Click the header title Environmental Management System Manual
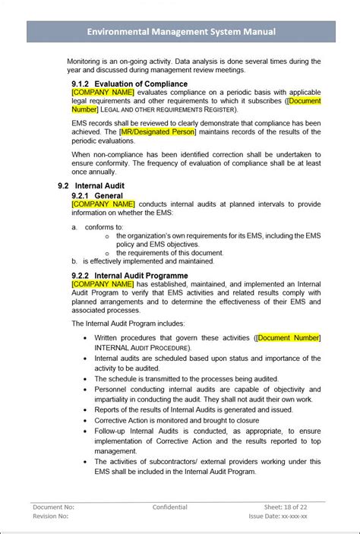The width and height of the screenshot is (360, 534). point(180,31)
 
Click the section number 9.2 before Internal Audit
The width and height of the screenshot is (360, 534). point(64,185)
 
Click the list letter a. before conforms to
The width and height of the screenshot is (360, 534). point(75,226)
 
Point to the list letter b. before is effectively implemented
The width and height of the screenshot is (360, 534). point(75,260)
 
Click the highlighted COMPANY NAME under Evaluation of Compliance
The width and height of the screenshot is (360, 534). point(103,93)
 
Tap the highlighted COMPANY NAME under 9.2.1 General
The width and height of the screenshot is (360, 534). point(103,204)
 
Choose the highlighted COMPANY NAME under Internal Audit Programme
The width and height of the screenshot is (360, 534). point(103,283)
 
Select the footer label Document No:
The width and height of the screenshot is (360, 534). point(53,506)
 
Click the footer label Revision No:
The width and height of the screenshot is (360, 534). point(51,516)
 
